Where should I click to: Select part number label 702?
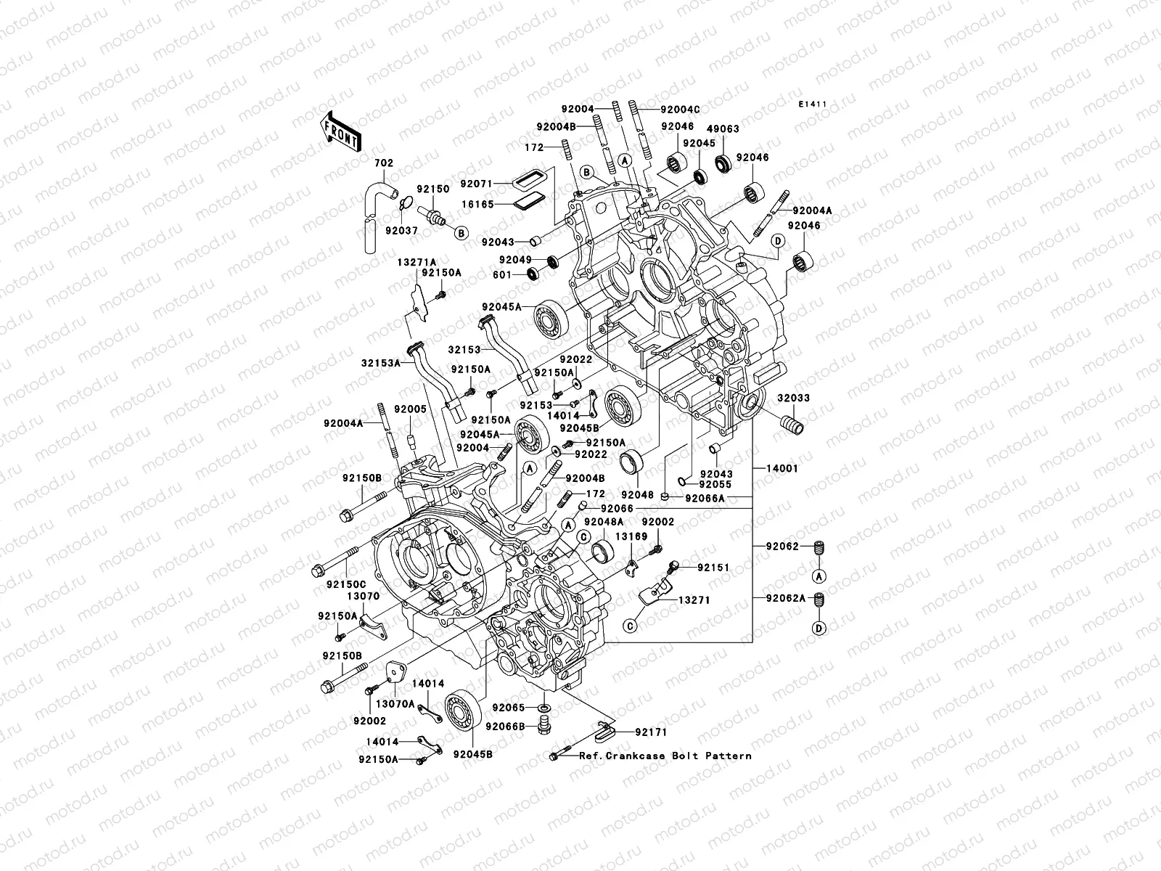[x=384, y=163]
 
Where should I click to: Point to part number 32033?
[x=795, y=398]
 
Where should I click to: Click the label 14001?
[x=781, y=469]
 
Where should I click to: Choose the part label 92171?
[x=652, y=732]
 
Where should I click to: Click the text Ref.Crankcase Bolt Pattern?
[x=665, y=756]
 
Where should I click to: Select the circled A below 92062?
[x=819, y=576]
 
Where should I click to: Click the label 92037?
[x=401, y=230]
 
